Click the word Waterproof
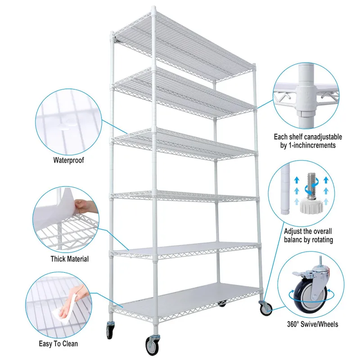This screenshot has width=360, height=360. [69, 160]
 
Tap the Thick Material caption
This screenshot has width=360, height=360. [69, 259]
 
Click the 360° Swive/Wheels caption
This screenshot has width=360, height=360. [312, 324]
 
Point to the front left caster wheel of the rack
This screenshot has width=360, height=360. [151, 345]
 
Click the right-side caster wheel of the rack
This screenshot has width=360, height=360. [265, 308]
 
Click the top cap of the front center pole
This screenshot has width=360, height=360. [154, 9]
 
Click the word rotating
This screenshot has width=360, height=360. [319, 240]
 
